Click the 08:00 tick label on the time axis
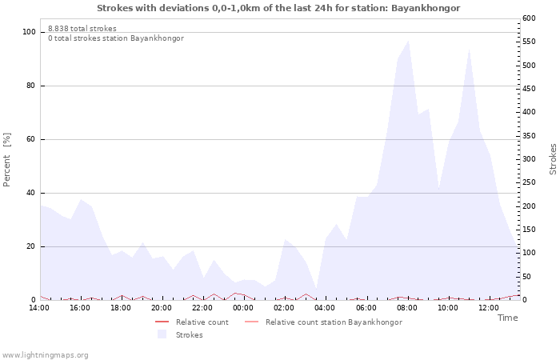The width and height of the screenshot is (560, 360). (406, 308)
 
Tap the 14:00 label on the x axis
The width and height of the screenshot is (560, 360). (39, 308)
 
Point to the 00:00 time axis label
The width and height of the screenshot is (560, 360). (243, 308)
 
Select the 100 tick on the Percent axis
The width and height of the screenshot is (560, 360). (29, 32)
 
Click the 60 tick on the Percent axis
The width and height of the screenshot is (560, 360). (31, 139)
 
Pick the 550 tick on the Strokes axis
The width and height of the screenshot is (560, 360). (529, 42)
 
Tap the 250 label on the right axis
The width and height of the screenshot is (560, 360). (529, 182)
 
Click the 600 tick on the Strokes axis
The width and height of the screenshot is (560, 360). (529, 18)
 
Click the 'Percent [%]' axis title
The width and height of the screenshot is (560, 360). (6, 160)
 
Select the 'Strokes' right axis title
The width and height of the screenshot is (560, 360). (553, 159)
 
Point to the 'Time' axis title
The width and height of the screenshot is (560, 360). (507, 318)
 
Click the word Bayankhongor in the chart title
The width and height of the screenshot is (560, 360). (426, 8)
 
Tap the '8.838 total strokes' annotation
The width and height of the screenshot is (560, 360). (82, 29)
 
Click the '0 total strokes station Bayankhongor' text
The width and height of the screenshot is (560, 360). (116, 38)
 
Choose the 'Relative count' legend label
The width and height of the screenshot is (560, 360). (202, 322)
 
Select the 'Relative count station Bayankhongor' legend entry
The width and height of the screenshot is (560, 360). (334, 322)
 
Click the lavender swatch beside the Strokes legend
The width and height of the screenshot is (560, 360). (162, 334)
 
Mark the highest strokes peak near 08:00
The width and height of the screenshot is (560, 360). (408, 41)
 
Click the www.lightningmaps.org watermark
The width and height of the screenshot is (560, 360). (45, 355)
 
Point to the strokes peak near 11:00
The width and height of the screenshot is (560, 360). (469, 50)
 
